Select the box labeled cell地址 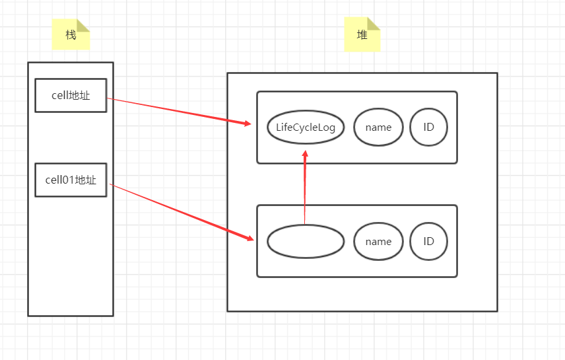coord(71,95)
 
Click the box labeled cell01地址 coord(71,180)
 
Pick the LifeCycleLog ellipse coord(306,127)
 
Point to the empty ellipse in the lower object coord(306,241)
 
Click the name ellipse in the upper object coord(378,127)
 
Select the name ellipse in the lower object coord(378,241)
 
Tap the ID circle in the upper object coord(428,127)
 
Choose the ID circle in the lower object coord(428,241)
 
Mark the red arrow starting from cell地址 coord(178,111)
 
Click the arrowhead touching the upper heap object coord(248,124)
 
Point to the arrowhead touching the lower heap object coord(250,238)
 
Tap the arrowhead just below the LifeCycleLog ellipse coord(305,154)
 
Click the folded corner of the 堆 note coord(374,24)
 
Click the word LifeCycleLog coord(306,127)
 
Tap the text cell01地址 coord(71,180)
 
